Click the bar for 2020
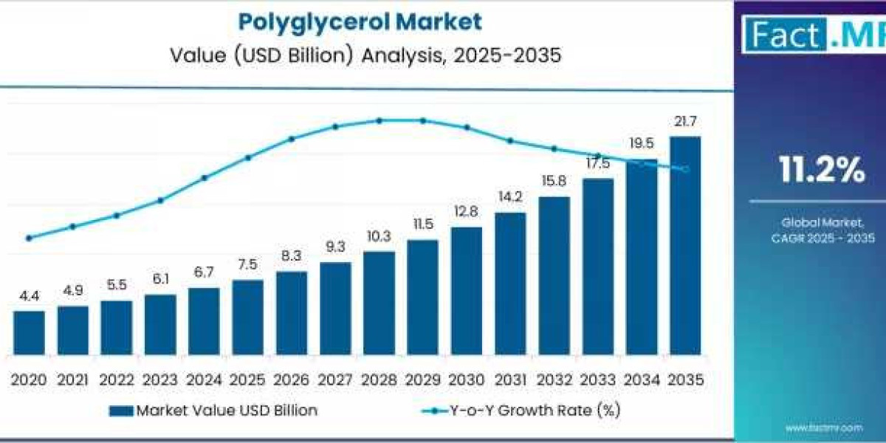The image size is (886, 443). [x=29, y=332]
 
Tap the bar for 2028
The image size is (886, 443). [x=379, y=303]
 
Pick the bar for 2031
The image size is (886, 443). [x=510, y=284]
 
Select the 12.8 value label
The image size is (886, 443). [x=467, y=212]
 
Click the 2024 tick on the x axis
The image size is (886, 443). [x=204, y=380]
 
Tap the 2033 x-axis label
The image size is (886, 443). [x=598, y=380]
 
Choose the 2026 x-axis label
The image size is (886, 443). [x=292, y=380]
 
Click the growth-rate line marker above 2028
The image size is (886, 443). [x=379, y=120]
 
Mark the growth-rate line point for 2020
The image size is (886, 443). [x=29, y=238]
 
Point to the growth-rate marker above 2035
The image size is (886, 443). [x=685, y=170]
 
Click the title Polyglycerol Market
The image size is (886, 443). [x=360, y=21]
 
